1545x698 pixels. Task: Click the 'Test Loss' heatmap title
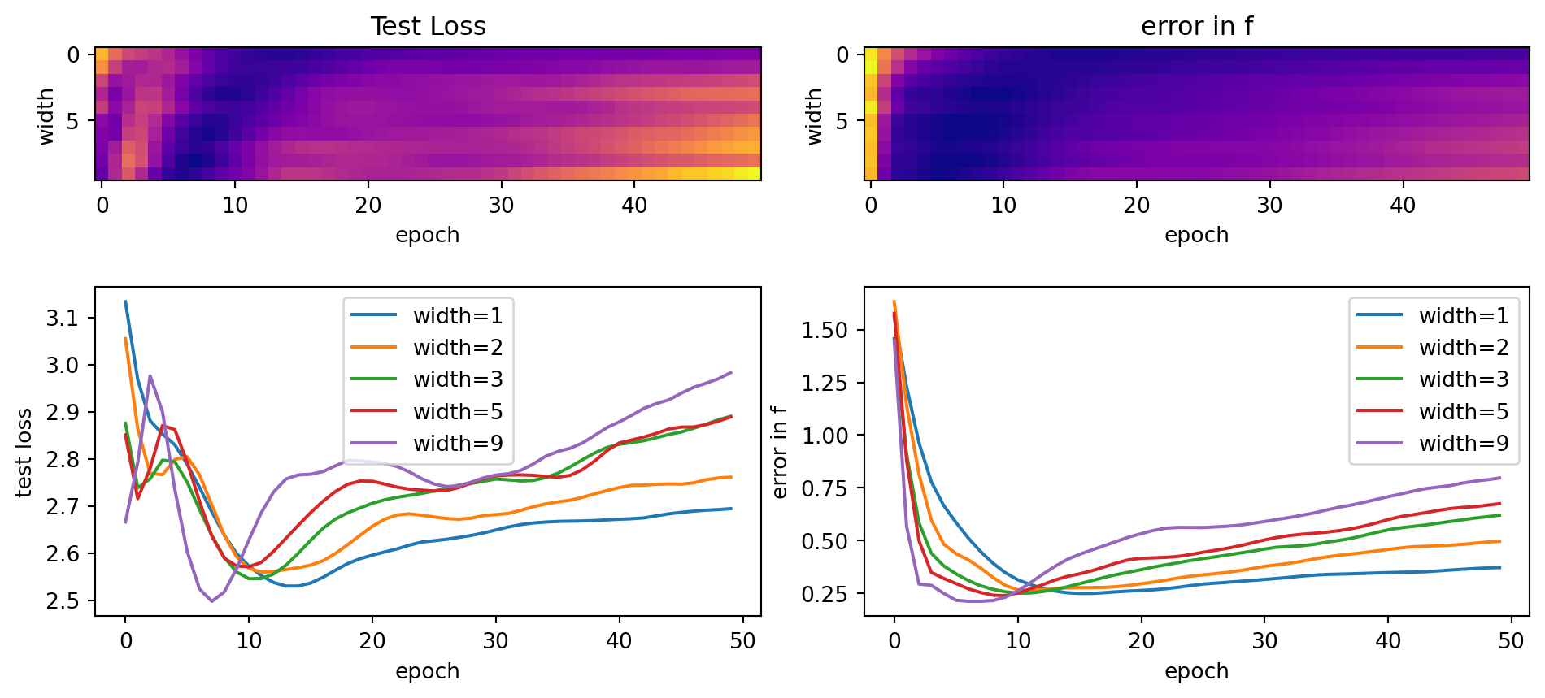pyautogui.click(x=428, y=27)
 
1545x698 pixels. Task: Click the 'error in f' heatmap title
pyautogui.click(x=1196, y=27)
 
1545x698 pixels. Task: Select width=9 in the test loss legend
pyautogui.click(x=458, y=444)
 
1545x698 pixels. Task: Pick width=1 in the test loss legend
pyautogui.click(x=458, y=316)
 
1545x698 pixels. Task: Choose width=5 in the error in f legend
pyautogui.click(x=1464, y=412)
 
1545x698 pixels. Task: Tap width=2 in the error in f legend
pyautogui.click(x=1464, y=348)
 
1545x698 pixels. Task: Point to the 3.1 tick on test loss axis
pyautogui.click(x=62, y=318)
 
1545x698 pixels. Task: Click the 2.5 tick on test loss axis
pyautogui.click(x=62, y=601)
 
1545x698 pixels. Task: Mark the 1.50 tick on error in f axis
pyautogui.click(x=825, y=331)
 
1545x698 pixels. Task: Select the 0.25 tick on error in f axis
pyautogui.click(x=825, y=594)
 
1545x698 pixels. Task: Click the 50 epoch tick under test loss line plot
pyautogui.click(x=742, y=641)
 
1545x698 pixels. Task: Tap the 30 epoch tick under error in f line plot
pyautogui.click(x=1264, y=641)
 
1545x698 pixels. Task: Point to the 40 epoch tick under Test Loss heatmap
pyautogui.click(x=634, y=206)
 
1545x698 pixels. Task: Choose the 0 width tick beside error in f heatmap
pyautogui.click(x=842, y=55)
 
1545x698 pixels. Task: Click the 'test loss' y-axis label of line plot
pyautogui.click(x=24, y=452)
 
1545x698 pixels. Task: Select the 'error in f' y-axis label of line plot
pyautogui.click(x=780, y=452)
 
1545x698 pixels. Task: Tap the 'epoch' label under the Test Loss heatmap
pyautogui.click(x=428, y=236)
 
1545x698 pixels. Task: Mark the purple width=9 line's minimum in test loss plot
pyautogui.click(x=212, y=601)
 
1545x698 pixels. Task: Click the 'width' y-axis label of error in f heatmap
pyautogui.click(x=814, y=117)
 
